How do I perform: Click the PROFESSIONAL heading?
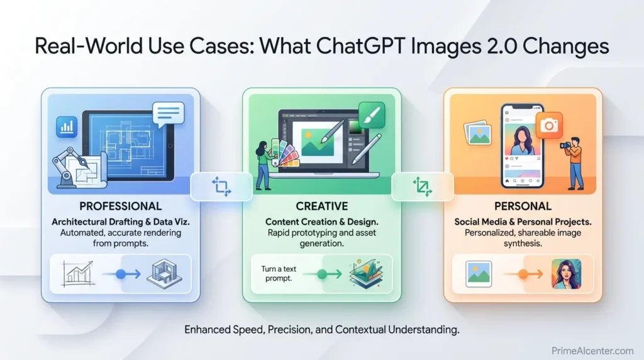(120, 206)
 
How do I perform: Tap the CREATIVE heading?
(323, 206)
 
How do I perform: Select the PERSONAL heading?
(523, 206)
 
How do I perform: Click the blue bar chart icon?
(66, 126)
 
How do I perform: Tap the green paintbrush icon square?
(371, 115)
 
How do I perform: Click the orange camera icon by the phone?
(548, 126)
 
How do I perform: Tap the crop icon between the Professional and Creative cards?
(221, 186)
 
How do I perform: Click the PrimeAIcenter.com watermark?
(592, 351)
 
